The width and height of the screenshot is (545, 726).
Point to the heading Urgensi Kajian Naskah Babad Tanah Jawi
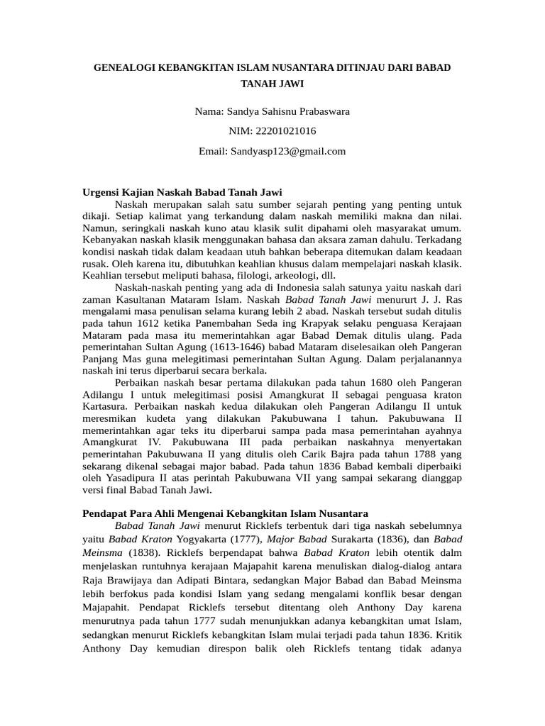tap(183, 192)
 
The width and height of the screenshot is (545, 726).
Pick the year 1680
tap(358, 382)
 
